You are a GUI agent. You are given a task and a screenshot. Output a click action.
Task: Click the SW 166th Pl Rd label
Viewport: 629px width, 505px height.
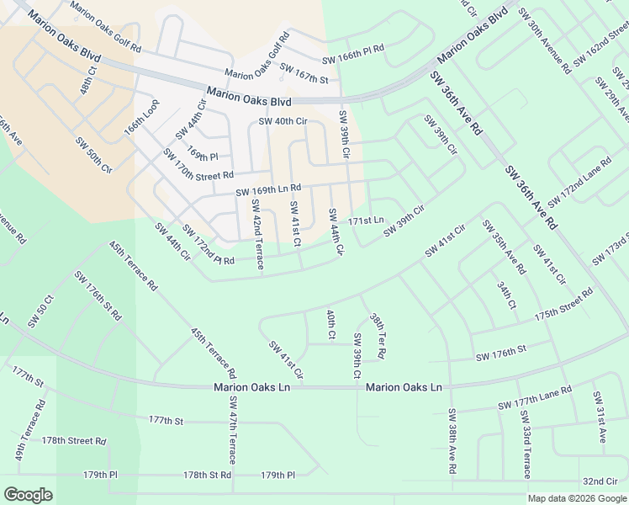tap(353, 61)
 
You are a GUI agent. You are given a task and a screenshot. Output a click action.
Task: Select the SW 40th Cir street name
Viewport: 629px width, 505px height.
tap(283, 121)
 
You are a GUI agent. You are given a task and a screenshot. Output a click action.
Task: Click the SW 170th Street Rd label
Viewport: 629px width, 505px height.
tap(198, 165)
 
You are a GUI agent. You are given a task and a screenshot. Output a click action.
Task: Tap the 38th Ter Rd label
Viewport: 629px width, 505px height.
tap(378, 337)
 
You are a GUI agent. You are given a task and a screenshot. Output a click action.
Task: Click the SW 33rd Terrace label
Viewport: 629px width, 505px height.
tap(526, 444)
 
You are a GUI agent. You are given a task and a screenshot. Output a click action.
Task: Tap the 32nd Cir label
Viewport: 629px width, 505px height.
tap(600, 481)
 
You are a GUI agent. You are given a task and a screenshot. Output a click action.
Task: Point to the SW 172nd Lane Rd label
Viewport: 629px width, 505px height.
tap(579, 183)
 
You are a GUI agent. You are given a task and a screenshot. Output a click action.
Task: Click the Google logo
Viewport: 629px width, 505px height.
tap(28, 495)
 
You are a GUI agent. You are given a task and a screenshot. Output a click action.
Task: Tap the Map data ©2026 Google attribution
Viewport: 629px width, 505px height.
tap(577, 498)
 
